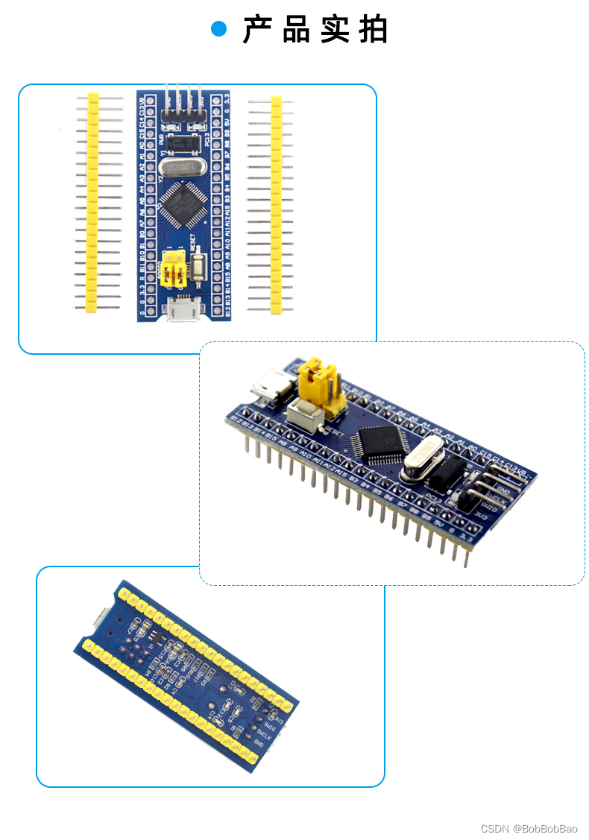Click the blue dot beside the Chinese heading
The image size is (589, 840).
pos(218,29)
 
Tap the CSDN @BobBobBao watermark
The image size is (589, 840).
pos(529,828)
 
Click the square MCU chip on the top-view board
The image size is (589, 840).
pos(181,206)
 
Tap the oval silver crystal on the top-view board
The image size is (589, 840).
pos(181,168)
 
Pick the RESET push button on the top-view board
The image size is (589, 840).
pos(199,268)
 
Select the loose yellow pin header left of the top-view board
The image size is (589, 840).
pos(92,202)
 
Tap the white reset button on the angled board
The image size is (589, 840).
pos(304,412)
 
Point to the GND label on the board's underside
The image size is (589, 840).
pos(259,742)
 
